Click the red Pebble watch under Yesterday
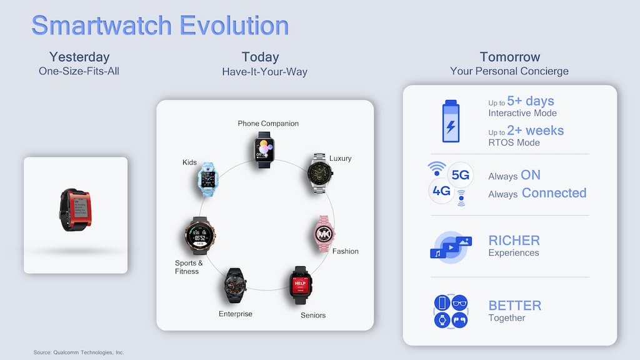click(76, 210)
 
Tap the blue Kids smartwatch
click(207, 179)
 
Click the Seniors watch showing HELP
click(301, 285)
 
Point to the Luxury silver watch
click(319, 174)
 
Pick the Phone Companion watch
click(264, 150)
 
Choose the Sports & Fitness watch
click(199, 236)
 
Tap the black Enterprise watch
click(235, 285)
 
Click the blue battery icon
click(451, 121)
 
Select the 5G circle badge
click(461, 175)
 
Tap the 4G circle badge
click(441, 191)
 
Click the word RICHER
click(514, 241)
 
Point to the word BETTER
click(515, 305)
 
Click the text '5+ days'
click(531, 101)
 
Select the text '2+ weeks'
click(536, 131)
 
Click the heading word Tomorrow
click(510, 57)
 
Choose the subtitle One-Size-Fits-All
click(79, 71)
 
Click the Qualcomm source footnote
click(78, 352)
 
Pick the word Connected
click(554, 192)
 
